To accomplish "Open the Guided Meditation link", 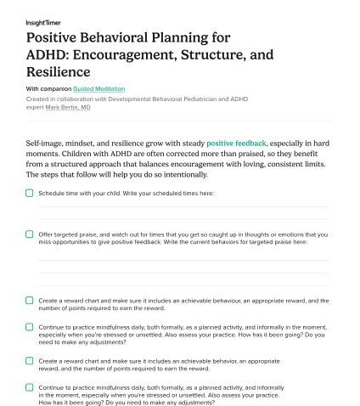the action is pos(98,89).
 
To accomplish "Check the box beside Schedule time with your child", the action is pos(30,193).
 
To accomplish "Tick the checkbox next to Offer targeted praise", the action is pos(30,234).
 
